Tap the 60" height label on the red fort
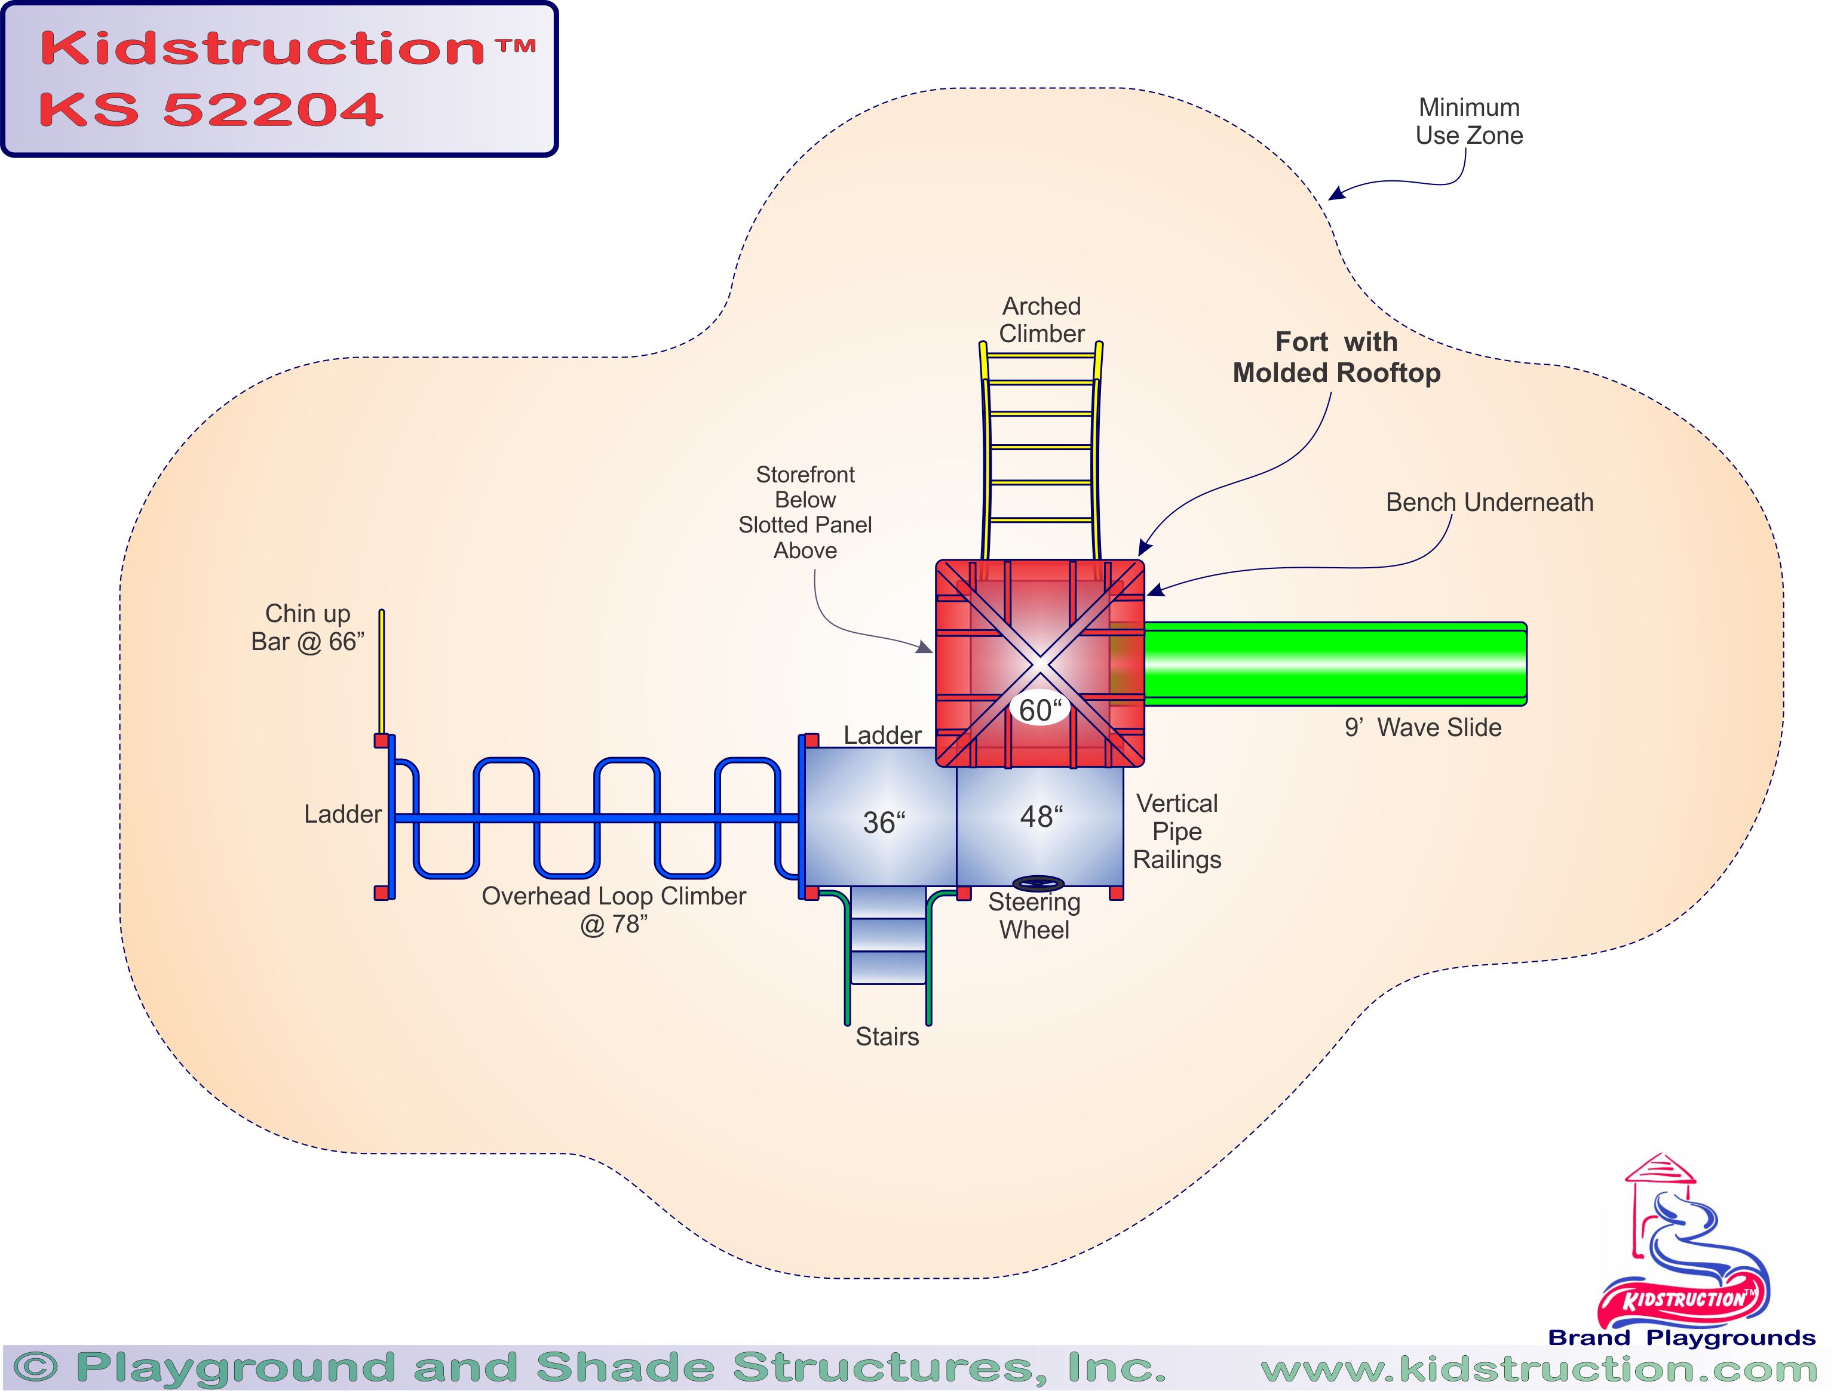click(1040, 710)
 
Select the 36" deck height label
click(884, 822)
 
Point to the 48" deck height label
click(1041, 817)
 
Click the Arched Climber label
click(1041, 320)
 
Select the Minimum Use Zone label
click(1469, 121)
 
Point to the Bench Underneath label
click(1489, 502)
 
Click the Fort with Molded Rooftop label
click(1336, 358)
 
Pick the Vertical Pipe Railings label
click(1177, 832)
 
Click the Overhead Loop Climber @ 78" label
click(614, 910)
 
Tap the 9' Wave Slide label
click(1422, 728)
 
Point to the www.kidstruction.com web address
click(1538, 1368)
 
